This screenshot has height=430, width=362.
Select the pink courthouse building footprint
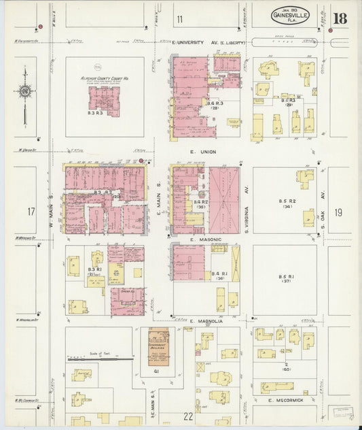(x=105, y=101)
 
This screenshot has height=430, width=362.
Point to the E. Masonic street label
(x=202, y=239)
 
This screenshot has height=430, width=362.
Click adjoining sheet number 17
(x=31, y=212)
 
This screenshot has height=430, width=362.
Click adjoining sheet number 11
(x=179, y=18)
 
